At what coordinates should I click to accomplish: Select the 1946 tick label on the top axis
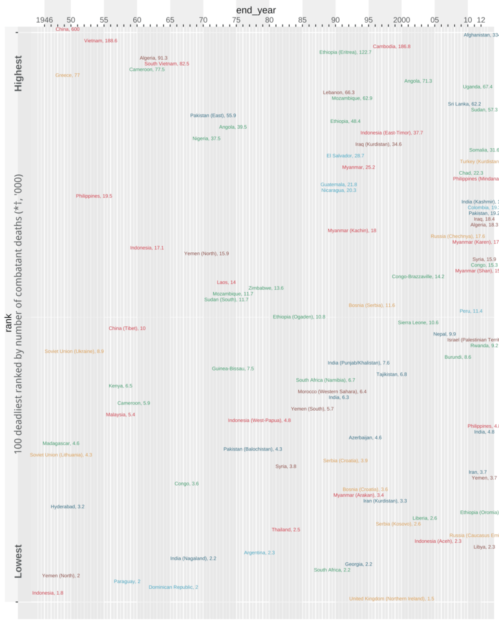click(x=44, y=20)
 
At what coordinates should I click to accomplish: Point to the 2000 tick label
click(x=402, y=20)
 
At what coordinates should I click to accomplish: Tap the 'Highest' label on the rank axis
click(x=18, y=73)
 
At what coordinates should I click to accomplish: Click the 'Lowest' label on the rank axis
click(x=18, y=561)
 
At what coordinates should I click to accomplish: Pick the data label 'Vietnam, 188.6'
click(x=101, y=41)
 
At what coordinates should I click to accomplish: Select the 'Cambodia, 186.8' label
click(x=391, y=47)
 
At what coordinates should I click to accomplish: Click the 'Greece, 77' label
click(x=68, y=75)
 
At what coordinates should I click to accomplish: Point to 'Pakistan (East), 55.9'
click(x=213, y=116)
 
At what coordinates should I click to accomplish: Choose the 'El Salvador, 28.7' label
click(x=345, y=156)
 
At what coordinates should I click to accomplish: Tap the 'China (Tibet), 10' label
click(x=127, y=328)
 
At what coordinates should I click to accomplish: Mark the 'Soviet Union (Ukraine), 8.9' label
click(x=74, y=352)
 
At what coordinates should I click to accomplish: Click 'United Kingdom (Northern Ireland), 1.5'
click(x=391, y=599)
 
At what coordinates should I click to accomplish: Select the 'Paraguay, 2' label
click(x=127, y=582)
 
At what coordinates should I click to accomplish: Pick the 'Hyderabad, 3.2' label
click(x=68, y=506)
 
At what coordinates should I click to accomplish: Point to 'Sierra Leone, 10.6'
click(x=418, y=322)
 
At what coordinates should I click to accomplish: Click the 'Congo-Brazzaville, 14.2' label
click(x=418, y=259)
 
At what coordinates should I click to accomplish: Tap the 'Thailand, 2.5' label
click(x=286, y=530)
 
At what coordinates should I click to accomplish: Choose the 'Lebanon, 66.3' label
click(x=339, y=93)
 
